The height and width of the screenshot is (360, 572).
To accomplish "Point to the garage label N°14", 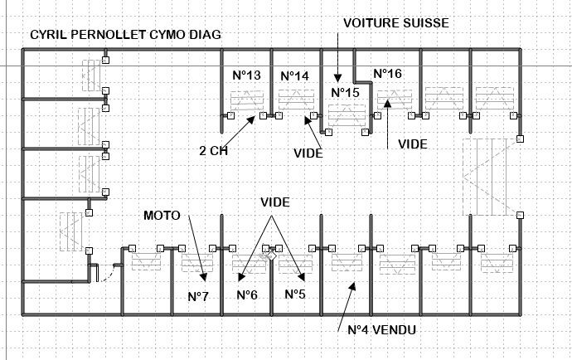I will (294, 75).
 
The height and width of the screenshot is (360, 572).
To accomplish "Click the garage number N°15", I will (344, 92).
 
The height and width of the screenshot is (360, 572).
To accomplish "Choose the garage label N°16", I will (387, 74).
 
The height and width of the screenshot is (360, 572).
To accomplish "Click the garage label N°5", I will (295, 294).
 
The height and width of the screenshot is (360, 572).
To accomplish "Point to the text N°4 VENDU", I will (381, 330).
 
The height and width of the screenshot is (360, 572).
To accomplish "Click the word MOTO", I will (162, 215).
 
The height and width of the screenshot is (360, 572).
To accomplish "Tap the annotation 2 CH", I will (213, 152).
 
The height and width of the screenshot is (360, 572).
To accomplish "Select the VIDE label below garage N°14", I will (308, 153).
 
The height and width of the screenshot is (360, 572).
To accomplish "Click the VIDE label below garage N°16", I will (413, 144).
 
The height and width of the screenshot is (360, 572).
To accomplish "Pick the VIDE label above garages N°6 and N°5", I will (276, 202).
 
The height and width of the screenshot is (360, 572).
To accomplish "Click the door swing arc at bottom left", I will (102, 273).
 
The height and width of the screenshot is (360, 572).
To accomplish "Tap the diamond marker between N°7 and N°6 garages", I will (269, 257).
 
